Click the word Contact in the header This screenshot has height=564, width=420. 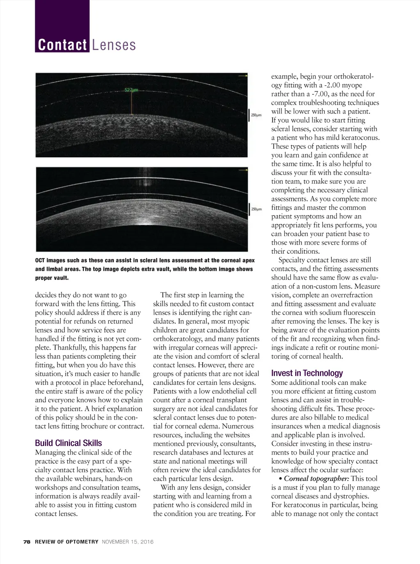[x=62, y=45]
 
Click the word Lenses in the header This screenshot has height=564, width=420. [x=114, y=45]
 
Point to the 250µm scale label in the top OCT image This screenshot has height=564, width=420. [x=256, y=116]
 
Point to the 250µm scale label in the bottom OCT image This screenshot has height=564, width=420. [x=256, y=209]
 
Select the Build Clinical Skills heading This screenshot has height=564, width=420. [x=68, y=443]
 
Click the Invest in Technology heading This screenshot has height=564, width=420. [x=307, y=373]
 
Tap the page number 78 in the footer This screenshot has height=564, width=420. [x=27, y=542]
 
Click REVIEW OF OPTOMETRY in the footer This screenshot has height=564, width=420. [x=66, y=542]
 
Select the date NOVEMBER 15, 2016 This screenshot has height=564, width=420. [x=127, y=542]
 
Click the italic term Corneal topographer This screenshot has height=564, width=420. [x=316, y=479]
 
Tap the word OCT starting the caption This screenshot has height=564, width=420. [x=40, y=261]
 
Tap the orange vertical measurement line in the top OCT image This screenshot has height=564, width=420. [x=132, y=102]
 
